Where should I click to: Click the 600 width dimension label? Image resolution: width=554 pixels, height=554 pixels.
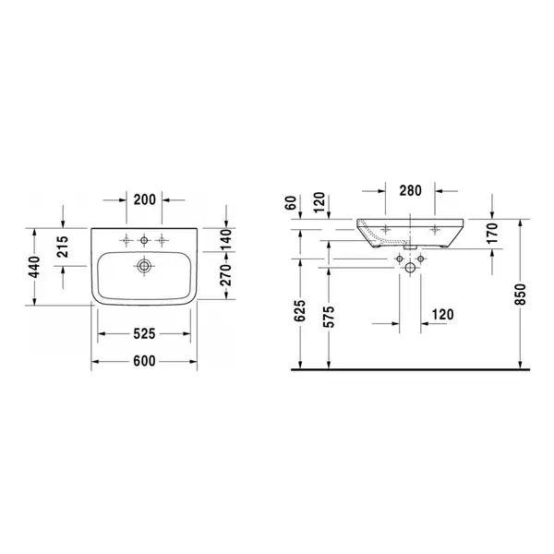[x=144, y=361]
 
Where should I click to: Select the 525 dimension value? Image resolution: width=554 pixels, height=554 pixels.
[x=144, y=333]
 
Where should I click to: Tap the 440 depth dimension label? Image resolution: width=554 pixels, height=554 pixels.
[x=35, y=267]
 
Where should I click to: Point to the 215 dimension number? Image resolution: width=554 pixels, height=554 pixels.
[x=62, y=247]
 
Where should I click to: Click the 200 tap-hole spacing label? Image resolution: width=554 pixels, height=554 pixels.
[x=145, y=200]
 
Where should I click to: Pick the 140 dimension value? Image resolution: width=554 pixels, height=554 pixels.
[x=225, y=239]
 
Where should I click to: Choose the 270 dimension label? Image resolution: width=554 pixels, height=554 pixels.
[x=225, y=275]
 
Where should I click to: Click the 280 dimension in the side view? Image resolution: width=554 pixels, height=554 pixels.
[x=411, y=191]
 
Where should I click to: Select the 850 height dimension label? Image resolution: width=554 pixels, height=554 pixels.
[x=521, y=294]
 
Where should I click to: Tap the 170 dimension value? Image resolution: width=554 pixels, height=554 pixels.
[x=492, y=233]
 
